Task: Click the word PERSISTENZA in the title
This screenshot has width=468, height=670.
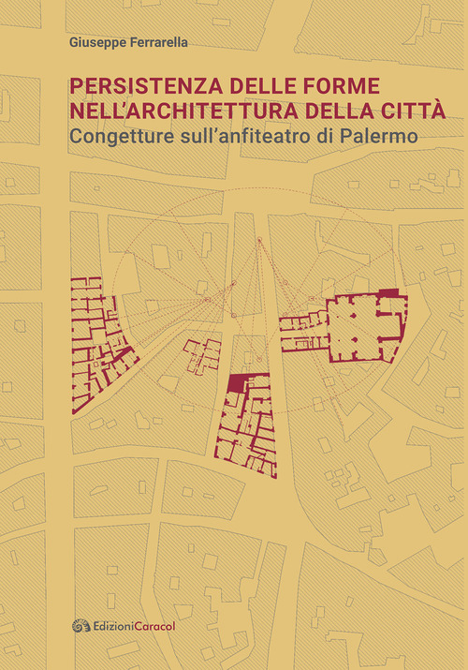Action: [127, 86]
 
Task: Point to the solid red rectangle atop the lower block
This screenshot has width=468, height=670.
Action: [240, 381]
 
